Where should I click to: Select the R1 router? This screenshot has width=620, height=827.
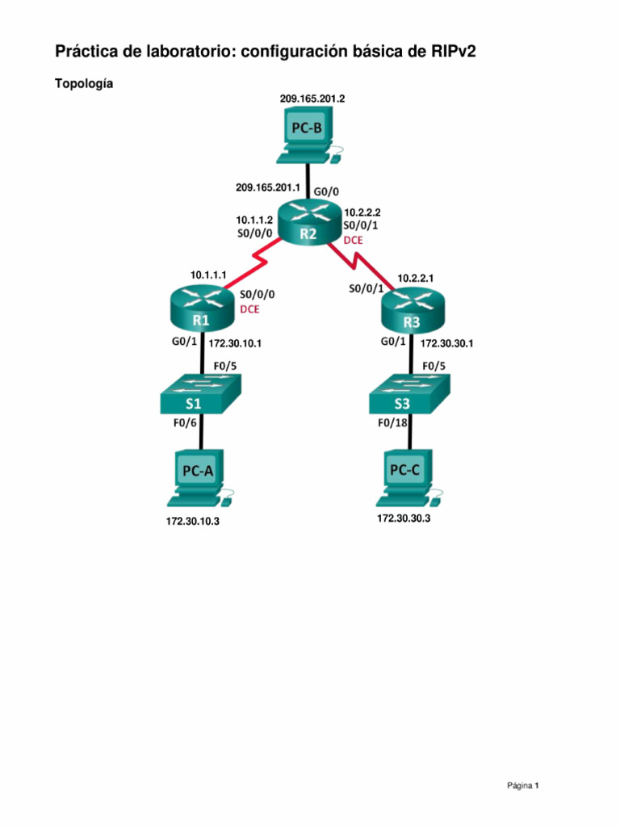pyautogui.click(x=202, y=309)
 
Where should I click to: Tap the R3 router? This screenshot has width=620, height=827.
pyautogui.click(x=413, y=310)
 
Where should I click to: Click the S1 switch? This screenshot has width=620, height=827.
pyautogui.click(x=201, y=393)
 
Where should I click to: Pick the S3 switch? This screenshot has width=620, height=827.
pyautogui.click(x=409, y=393)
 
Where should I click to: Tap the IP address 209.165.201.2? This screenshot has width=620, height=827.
pyautogui.click(x=312, y=99)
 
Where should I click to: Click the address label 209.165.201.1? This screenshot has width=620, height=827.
pyautogui.click(x=268, y=187)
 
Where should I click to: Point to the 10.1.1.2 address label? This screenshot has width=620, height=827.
pyautogui.click(x=254, y=220)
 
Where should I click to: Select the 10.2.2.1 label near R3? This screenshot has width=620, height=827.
pyautogui.click(x=416, y=278)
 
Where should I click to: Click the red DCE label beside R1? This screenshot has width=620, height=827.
pyautogui.click(x=250, y=309)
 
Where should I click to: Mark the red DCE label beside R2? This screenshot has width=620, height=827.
pyautogui.click(x=354, y=240)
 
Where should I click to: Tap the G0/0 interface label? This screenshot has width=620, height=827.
pyautogui.click(x=326, y=191)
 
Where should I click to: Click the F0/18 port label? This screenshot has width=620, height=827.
pyautogui.click(x=392, y=423)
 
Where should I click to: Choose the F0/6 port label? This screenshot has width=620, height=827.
pyautogui.click(x=185, y=423)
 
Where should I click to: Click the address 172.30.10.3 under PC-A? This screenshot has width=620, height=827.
pyautogui.click(x=192, y=521)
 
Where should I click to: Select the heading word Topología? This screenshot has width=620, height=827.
pyautogui.click(x=84, y=84)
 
